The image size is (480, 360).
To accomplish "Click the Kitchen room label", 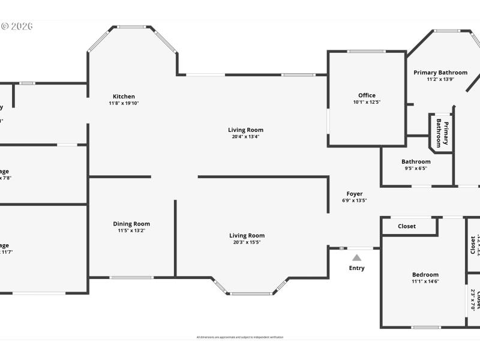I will [124, 97].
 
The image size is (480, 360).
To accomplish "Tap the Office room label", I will [367, 95].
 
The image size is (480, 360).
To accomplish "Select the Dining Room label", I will [131, 224].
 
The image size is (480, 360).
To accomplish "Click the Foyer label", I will [355, 194].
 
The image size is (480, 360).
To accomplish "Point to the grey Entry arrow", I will [357, 257].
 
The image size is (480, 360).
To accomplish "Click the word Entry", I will [357, 268].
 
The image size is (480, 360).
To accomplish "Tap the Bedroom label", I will [425, 275].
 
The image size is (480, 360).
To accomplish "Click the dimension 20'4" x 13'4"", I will [245, 137].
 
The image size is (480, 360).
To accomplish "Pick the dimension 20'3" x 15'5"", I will [247, 242].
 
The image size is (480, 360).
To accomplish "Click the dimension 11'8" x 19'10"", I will [124, 103].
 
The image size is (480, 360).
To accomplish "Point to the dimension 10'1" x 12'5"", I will [367, 103].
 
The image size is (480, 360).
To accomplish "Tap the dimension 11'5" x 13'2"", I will [131, 230].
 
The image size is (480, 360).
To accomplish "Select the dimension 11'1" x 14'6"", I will [425, 281].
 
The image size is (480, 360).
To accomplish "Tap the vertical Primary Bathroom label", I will [442, 133].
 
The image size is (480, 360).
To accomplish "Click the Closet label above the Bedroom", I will [407, 226].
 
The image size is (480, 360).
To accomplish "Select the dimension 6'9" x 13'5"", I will [355, 200].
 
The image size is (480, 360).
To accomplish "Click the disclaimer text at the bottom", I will [240, 337].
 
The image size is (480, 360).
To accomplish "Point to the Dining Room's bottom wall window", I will [131, 277].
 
